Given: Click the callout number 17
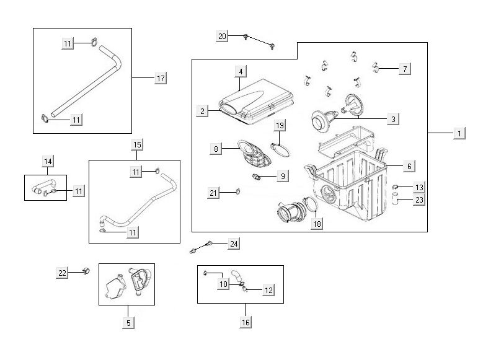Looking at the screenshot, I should [160, 78].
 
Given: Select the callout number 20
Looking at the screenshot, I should [222, 37].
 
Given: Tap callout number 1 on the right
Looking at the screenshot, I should [459, 133].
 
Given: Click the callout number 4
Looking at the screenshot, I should [239, 72].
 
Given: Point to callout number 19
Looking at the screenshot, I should [280, 126].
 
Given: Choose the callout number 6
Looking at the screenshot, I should [409, 166].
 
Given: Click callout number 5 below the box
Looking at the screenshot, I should [128, 322].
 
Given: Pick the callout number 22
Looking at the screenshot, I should [62, 273].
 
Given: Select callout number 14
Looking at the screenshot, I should [48, 161].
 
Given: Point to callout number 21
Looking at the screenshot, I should [214, 194].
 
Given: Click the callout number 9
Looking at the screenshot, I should [282, 177].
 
